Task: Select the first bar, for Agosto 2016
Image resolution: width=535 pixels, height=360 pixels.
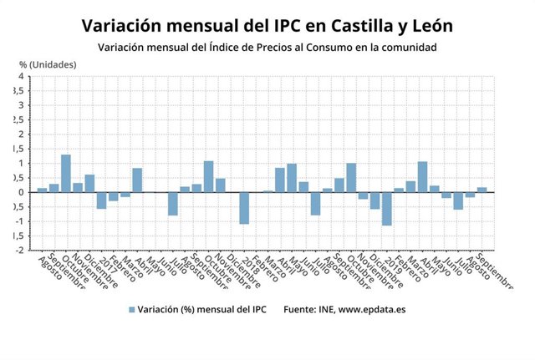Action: click(42, 190)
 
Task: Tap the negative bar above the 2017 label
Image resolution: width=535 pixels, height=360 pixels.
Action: click(101, 200)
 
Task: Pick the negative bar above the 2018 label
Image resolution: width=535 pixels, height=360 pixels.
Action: click(244, 208)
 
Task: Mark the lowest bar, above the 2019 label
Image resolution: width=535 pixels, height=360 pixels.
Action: click(386, 209)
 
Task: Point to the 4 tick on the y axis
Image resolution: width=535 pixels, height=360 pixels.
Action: click(19, 77)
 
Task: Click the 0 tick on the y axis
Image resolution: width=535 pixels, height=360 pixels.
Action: click(19, 192)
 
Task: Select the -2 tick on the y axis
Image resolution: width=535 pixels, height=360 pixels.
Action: click(18, 250)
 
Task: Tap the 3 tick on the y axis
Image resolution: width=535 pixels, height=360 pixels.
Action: click(19, 106)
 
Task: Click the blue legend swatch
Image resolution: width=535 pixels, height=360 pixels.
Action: click(131, 310)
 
